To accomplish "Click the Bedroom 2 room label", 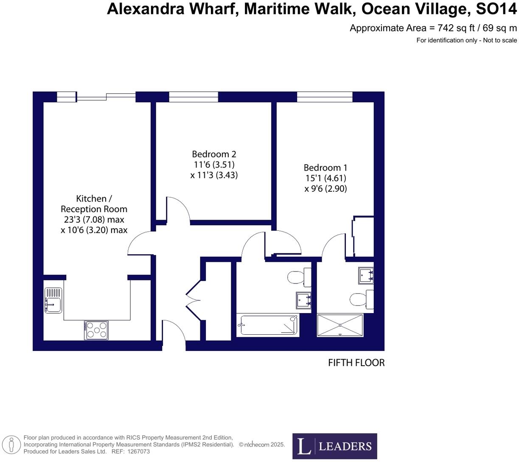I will (214, 154).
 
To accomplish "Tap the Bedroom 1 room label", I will (325, 168).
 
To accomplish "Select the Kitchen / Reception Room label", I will (94, 204).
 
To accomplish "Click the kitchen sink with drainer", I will (53, 300).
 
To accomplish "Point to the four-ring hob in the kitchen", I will (96, 330).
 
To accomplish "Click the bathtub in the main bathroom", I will (267, 325).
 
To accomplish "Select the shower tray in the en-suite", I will (340, 325).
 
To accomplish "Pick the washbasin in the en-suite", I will (365, 275).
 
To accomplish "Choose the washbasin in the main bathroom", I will (303, 300).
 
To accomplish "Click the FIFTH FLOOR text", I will (356, 363).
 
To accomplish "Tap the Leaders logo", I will (334, 446).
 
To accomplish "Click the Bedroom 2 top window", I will (194, 97).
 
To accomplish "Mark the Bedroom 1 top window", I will (325, 97).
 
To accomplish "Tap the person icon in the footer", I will (11, 445).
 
